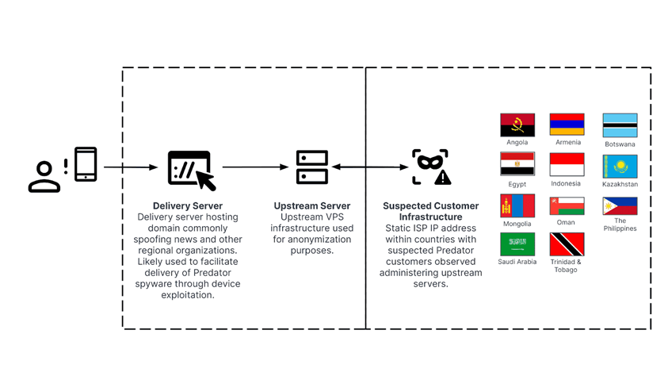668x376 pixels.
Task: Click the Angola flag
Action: click(x=517, y=125)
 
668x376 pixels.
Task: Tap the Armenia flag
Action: click(x=567, y=125)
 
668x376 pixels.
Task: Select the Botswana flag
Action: click(x=620, y=126)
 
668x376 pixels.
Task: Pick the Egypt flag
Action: click(x=517, y=164)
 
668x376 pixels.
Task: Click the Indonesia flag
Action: click(x=567, y=164)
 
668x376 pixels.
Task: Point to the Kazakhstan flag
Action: click(x=620, y=167)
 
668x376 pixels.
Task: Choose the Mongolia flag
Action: click(x=517, y=205)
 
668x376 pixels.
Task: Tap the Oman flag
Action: click(x=567, y=205)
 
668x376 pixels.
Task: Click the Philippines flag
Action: click(x=620, y=205)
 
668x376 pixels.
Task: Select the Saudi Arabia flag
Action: click(x=517, y=244)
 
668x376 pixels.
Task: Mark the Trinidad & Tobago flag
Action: click(x=567, y=244)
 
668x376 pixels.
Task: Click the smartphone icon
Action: click(x=86, y=164)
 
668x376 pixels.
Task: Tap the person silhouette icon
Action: click(x=44, y=177)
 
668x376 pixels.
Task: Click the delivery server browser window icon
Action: click(x=190, y=169)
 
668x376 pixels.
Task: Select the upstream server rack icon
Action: click(x=311, y=167)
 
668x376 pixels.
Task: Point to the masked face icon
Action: click(x=430, y=167)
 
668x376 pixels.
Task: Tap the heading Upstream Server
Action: click(x=312, y=206)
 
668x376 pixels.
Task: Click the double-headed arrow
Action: click(x=370, y=167)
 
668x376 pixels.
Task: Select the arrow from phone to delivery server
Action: click(x=131, y=167)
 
